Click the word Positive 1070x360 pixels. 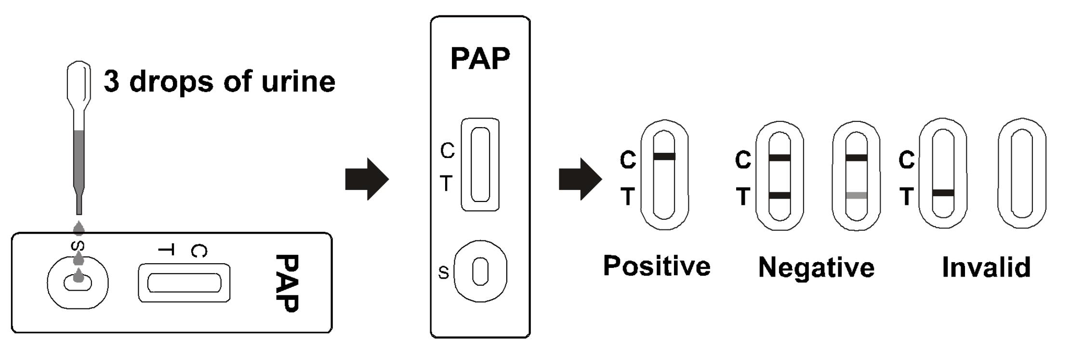click(657, 266)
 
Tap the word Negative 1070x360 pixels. click(816, 267)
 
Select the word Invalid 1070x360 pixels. click(986, 267)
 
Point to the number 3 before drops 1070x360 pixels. click(111, 81)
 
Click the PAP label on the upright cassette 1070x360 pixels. click(480, 59)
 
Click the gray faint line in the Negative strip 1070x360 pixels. click(857, 196)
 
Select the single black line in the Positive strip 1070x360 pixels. click(664, 156)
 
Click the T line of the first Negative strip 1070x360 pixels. click(779, 195)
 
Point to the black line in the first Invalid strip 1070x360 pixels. click(943, 193)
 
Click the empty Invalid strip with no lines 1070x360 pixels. click(1021, 173)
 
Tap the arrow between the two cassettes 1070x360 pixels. click(367, 179)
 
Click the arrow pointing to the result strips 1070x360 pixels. click(580, 179)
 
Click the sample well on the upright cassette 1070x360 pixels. click(480, 271)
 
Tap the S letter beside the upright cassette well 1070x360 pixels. click(443, 273)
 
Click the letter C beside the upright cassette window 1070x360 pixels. click(448, 151)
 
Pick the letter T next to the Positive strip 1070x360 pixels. click(627, 197)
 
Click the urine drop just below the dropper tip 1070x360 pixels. click(79, 228)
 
